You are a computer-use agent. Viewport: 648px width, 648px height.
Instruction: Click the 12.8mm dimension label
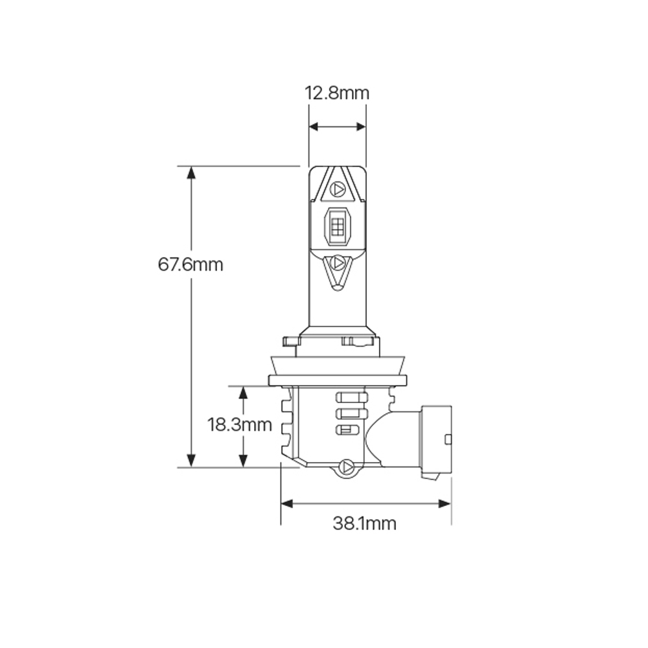point(337,93)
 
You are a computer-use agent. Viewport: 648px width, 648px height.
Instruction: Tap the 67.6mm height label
point(191,264)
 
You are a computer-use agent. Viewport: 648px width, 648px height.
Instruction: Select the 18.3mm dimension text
point(240,425)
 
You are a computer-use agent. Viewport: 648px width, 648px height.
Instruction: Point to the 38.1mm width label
point(364,524)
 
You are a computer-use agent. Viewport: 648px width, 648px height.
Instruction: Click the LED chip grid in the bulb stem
point(338,226)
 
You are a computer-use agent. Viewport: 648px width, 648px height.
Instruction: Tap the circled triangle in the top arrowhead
point(338,189)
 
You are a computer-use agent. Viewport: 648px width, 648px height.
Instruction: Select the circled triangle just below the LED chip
point(338,262)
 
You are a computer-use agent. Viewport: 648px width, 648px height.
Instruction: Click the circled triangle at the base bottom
point(346,467)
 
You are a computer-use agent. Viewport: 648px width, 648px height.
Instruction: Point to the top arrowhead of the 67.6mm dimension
point(191,172)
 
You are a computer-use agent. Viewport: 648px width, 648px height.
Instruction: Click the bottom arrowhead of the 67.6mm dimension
point(191,461)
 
